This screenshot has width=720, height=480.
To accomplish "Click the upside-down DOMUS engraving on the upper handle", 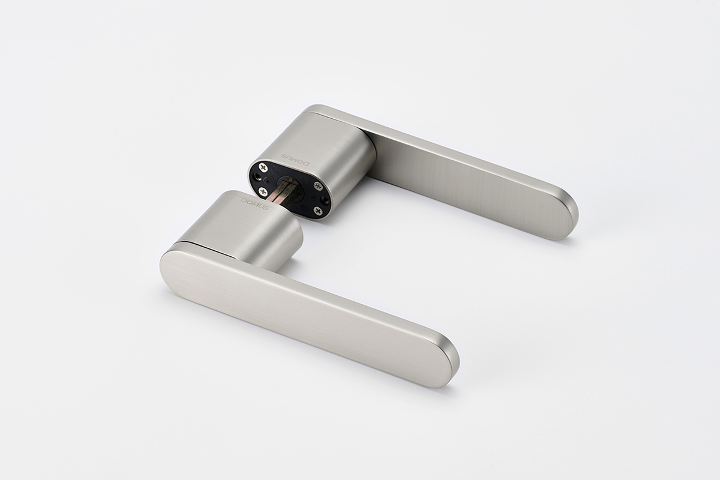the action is (295, 160).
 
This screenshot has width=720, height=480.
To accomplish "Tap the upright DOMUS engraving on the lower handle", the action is (254, 205).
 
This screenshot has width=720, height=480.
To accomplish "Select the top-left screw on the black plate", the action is (265, 167).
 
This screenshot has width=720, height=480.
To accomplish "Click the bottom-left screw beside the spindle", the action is (263, 192).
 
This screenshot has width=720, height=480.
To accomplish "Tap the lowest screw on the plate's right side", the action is (317, 211).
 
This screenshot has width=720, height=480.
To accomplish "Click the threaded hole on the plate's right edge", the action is (325, 200).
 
